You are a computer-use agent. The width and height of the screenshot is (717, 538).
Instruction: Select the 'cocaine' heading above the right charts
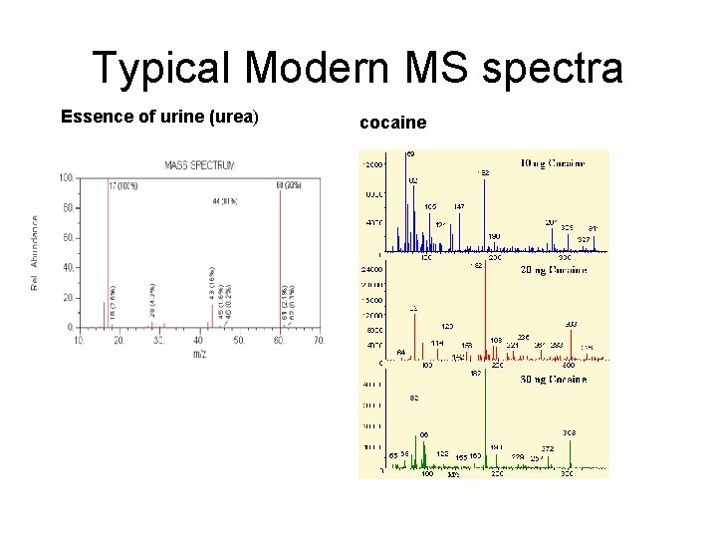pyautogui.click(x=392, y=123)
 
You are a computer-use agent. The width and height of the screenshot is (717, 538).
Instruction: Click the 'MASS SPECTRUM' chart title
pyautogui.click(x=200, y=164)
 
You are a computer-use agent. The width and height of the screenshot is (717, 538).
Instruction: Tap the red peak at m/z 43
pyautogui.click(x=210, y=309)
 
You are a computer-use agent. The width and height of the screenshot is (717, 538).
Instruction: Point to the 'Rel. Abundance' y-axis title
pyautogui.click(x=35, y=254)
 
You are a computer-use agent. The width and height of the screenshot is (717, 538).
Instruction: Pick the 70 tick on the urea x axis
pyautogui.click(x=319, y=341)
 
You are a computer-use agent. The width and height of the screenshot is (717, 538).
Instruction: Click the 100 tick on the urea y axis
pyautogui.click(x=66, y=177)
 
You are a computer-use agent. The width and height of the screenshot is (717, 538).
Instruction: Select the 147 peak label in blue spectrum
pyautogui.click(x=458, y=206)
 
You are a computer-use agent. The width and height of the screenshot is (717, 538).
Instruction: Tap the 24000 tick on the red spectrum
pyautogui.click(x=370, y=269)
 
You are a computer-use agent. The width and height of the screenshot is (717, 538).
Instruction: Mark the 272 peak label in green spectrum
pyautogui.click(x=548, y=448)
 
